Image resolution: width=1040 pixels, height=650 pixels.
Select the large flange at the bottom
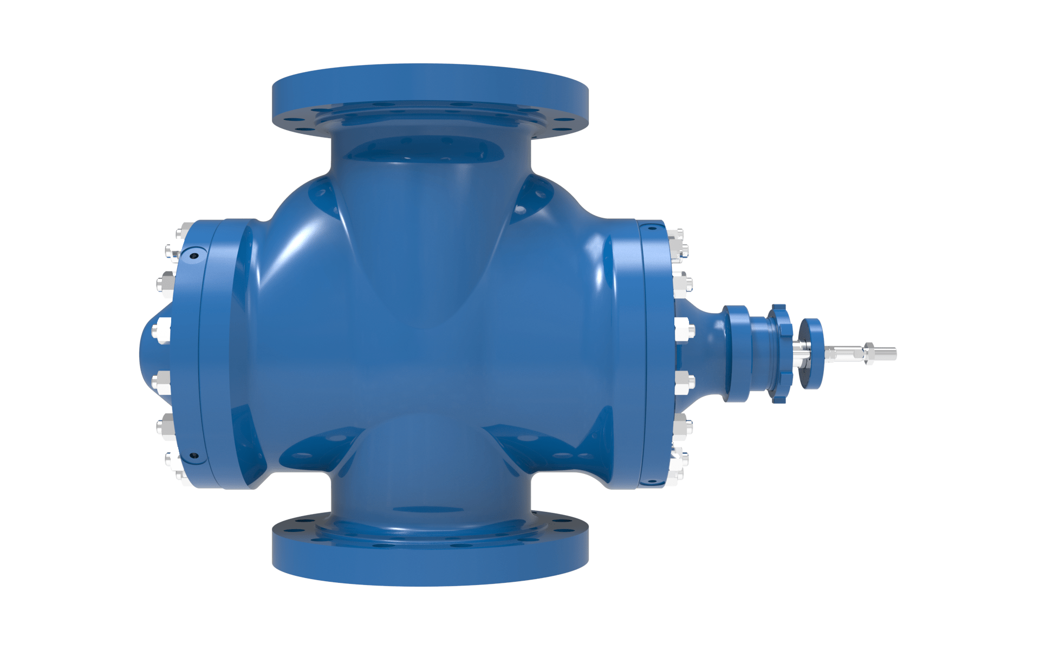[430, 563]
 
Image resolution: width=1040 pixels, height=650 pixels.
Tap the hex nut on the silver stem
[869, 353]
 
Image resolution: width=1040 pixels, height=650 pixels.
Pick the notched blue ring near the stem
[779, 353]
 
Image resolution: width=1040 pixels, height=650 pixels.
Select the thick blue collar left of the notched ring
[736, 353]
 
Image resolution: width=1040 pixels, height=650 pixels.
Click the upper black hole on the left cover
[194, 255]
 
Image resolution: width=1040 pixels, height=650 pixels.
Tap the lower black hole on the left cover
[193, 456]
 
